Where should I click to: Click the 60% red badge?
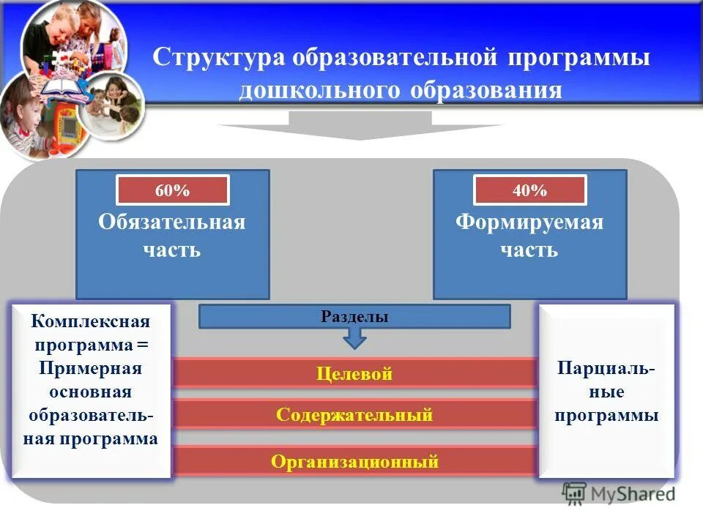point(172,190)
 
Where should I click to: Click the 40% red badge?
point(529,190)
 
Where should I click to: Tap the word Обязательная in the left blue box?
point(172,223)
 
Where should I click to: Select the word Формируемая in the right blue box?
point(529,223)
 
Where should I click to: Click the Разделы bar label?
point(354,316)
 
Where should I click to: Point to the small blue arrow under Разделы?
point(354,337)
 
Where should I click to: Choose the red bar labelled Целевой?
point(354,374)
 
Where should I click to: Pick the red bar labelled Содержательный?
point(354,415)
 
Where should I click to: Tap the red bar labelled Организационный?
point(354,461)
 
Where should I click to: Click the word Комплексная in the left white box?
point(91,321)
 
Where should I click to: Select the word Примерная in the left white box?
point(91,368)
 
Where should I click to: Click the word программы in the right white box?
point(606,415)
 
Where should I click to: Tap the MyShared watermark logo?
point(620,493)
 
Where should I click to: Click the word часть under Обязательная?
point(172,250)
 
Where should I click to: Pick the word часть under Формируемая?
point(529,250)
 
